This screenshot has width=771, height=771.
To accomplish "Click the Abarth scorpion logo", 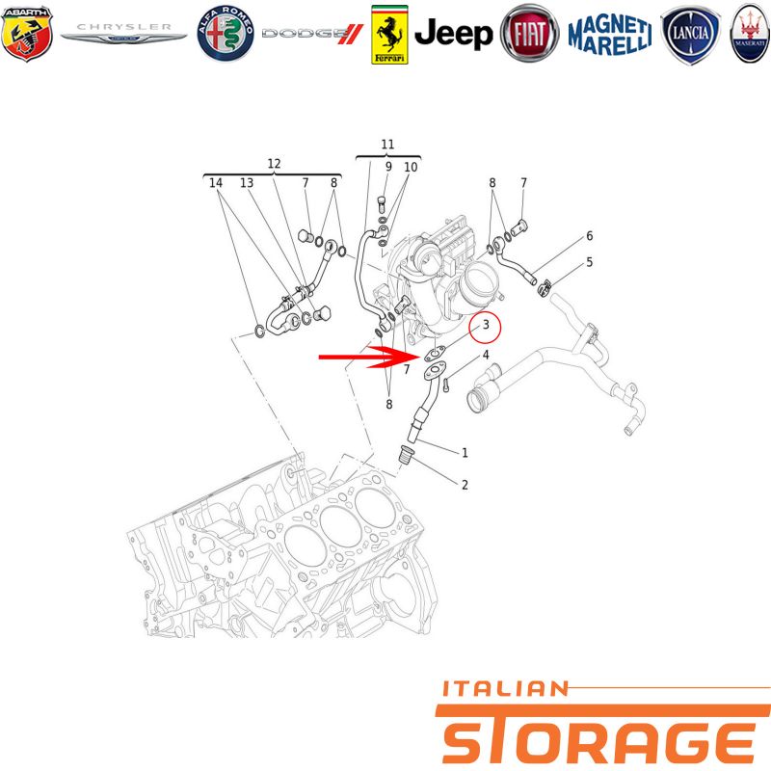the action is point(27,34).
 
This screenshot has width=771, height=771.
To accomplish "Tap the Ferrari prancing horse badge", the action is point(389,35).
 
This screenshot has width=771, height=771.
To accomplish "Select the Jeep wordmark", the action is point(453,35).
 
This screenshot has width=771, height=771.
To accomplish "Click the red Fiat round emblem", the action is point(529,34).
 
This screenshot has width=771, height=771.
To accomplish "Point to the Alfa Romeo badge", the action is point(226,34).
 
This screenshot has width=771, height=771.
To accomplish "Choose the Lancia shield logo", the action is point(690,35).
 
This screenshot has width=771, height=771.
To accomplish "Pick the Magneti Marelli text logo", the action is point(610,35).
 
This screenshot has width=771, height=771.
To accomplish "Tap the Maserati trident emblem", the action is point(750,34).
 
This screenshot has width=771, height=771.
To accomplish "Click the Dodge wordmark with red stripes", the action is point(312,34).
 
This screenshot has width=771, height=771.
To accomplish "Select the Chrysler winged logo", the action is point(123,33).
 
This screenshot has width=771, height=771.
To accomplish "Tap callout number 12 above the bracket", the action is point(274,164).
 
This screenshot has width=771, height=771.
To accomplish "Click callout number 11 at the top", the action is point(387,144).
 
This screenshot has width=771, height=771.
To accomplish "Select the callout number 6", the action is point(590,236).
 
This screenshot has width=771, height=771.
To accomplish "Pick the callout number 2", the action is point(465,485).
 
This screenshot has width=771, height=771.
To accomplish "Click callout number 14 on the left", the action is point(216,183).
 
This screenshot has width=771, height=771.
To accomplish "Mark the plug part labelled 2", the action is point(406,454).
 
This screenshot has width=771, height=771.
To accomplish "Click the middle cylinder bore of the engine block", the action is point(340,525).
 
